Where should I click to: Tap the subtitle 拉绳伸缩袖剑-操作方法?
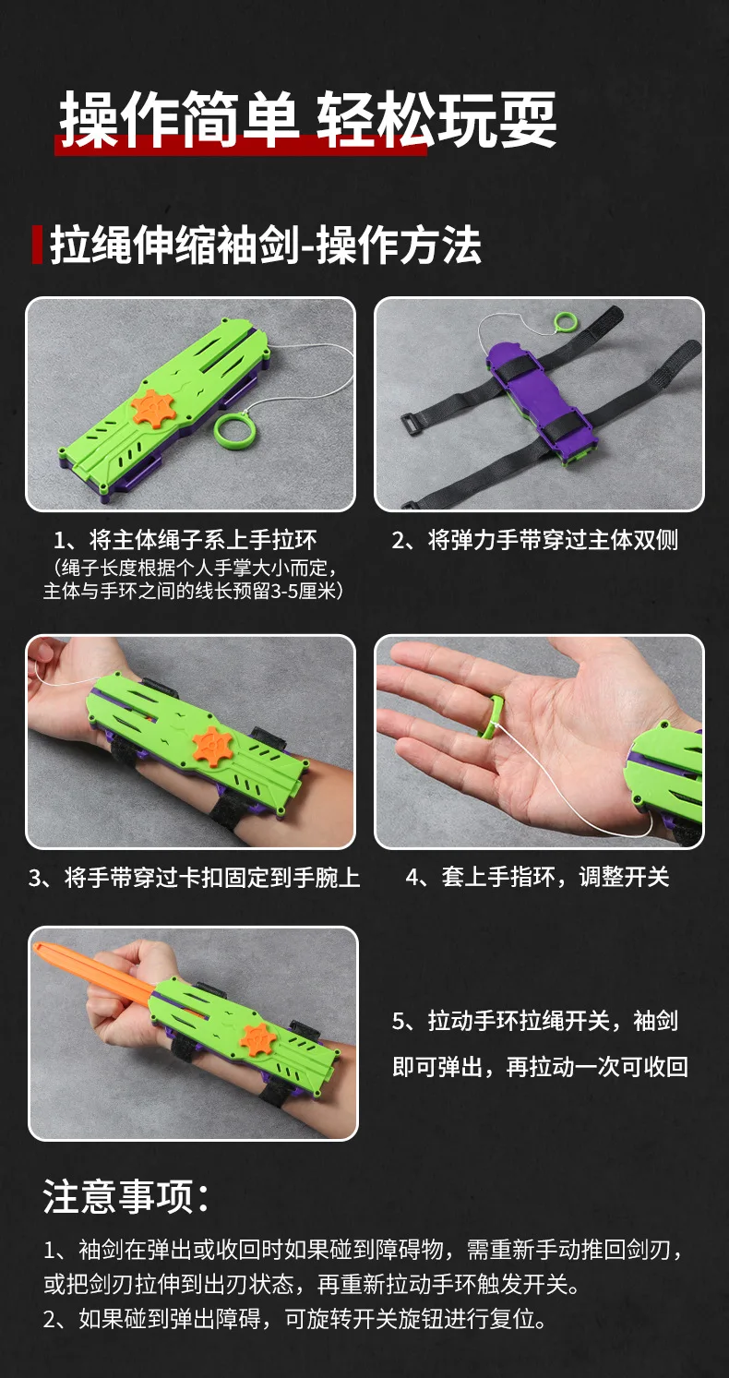(266, 245)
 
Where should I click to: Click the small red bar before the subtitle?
(37, 245)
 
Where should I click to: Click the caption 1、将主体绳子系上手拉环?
(185, 540)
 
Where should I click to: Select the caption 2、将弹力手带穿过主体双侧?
(535, 540)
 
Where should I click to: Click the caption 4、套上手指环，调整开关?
(537, 877)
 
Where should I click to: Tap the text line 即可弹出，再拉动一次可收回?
(541, 1067)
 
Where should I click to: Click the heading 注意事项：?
(126, 1197)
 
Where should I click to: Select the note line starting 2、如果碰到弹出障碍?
(295, 1318)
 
